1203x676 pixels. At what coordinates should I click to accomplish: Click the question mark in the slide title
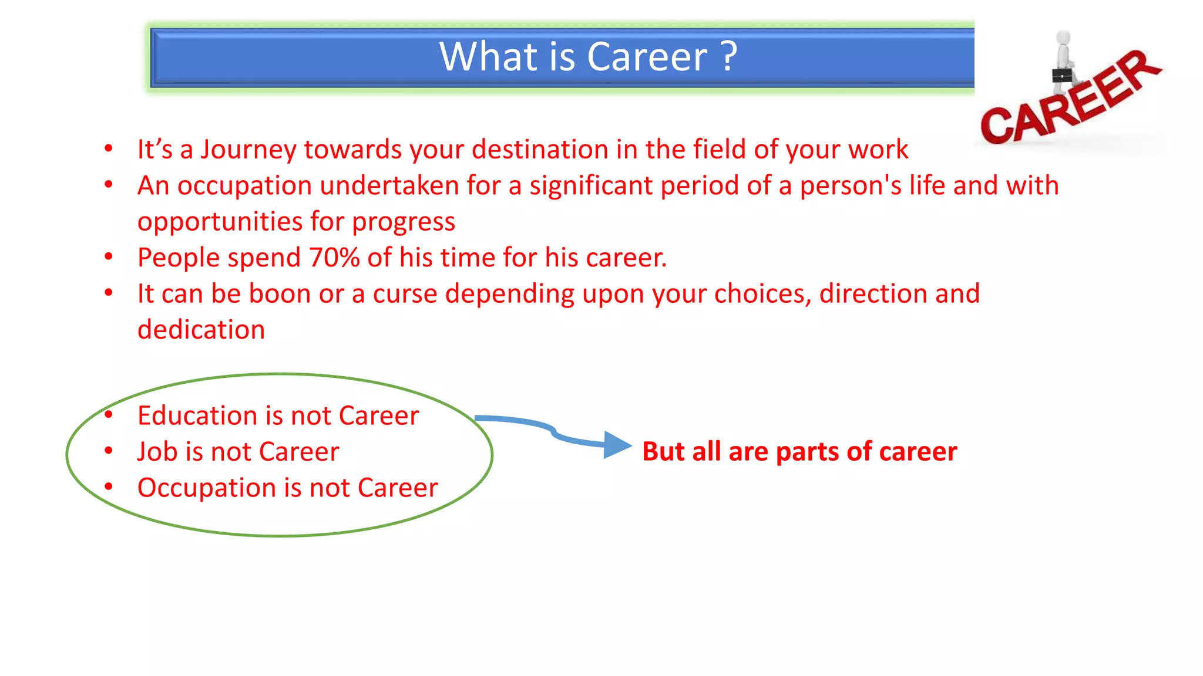(x=729, y=57)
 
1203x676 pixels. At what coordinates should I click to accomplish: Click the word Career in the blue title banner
(x=647, y=57)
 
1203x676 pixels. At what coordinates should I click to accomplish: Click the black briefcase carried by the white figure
(x=1061, y=76)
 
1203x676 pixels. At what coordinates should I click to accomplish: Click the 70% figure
(x=334, y=258)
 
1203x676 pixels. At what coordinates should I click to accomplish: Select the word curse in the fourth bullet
(x=405, y=293)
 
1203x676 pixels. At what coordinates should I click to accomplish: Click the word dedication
(x=201, y=330)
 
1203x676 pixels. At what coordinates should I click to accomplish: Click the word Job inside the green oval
(x=157, y=452)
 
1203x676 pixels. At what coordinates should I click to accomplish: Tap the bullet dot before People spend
(x=109, y=256)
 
